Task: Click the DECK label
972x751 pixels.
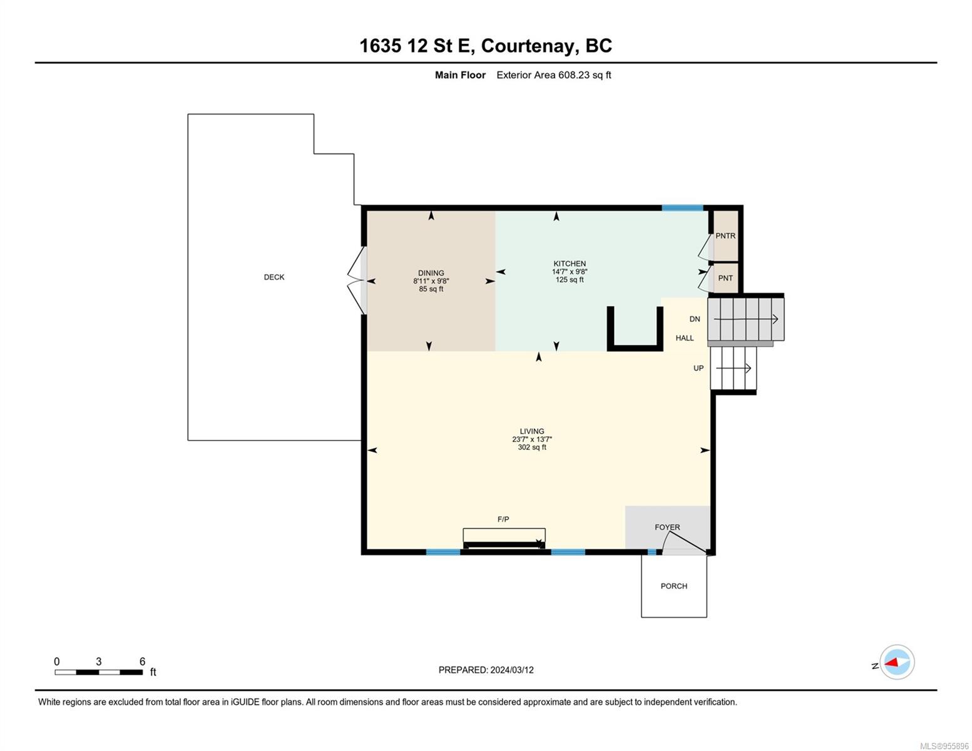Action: pyautogui.click(x=274, y=277)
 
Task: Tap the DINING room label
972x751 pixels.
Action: pyautogui.click(x=431, y=273)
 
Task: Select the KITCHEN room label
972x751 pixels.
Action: pyautogui.click(x=570, y=263)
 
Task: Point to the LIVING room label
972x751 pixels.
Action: pyautogui.click(x=532, y=431)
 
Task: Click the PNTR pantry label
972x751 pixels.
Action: pyautogui.click(x=725, y=236)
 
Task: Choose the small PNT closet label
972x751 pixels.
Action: pyautogui.click(x=725, y=278)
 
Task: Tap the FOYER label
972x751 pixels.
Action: pyautogui.click(x=667, y=528)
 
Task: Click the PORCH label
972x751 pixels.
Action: pyautogui.click(x=673, y=586)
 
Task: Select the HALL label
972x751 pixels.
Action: pyautogui.click(x=684, y=338)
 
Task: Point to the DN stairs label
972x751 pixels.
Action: pyautogui.click(x=695, y=319)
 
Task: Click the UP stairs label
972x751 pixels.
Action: pyautogui.click(x=698, y=368)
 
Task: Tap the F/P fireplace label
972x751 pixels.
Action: pyautogui.click(x=503, y=519)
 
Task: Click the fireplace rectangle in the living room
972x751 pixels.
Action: pyautogui.click(x=504, y=538)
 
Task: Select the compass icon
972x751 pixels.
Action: pyautogui.click(x=897, y=662)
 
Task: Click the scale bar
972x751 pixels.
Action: pyautogui.click(x=98, y=672)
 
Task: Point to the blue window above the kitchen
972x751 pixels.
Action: pyautogui.click(x=682, y=208)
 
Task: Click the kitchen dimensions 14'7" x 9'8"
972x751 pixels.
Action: pyautogui.click(x=570, y=272)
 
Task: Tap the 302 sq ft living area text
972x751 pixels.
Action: pyautogui.click(x=532, y=447)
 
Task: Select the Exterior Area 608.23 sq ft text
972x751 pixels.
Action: pyautogui.click(x=553, y=75)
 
